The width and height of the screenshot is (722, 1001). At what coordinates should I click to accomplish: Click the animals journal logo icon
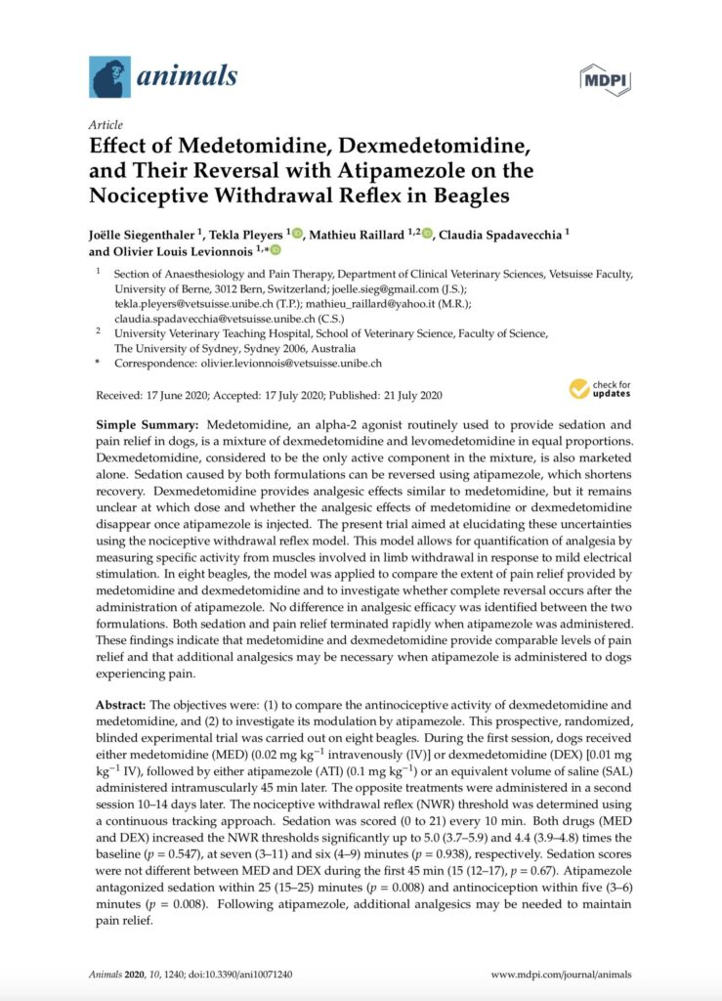coord(109,76)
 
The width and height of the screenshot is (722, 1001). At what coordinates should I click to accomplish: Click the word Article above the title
coord(106,125)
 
